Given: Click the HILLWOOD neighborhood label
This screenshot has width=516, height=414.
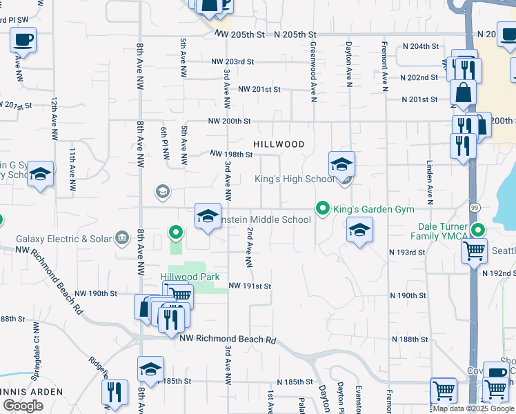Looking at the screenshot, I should (279, 144).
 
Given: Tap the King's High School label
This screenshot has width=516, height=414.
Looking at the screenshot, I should (295, 179).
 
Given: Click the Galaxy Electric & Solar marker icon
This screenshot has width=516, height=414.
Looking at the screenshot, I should (123, 239).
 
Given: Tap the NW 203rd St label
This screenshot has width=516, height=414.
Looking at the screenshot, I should (233, 61).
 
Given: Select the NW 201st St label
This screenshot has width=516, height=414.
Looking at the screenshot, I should (259, 90).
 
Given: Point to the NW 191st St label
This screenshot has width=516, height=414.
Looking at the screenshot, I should (250, 286).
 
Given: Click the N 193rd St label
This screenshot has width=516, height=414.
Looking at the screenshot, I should (406, 253).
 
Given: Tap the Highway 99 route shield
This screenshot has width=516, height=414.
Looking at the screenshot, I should (475, 207).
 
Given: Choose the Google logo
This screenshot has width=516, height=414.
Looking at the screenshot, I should (23, 406).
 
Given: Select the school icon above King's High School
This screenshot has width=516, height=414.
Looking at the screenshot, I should (341, 165).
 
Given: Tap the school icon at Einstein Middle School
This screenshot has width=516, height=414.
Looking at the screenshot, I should (208, 217).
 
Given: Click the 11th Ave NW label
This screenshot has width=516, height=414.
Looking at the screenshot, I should (72, 168).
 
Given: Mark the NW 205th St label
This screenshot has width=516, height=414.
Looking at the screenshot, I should (239, 34).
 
